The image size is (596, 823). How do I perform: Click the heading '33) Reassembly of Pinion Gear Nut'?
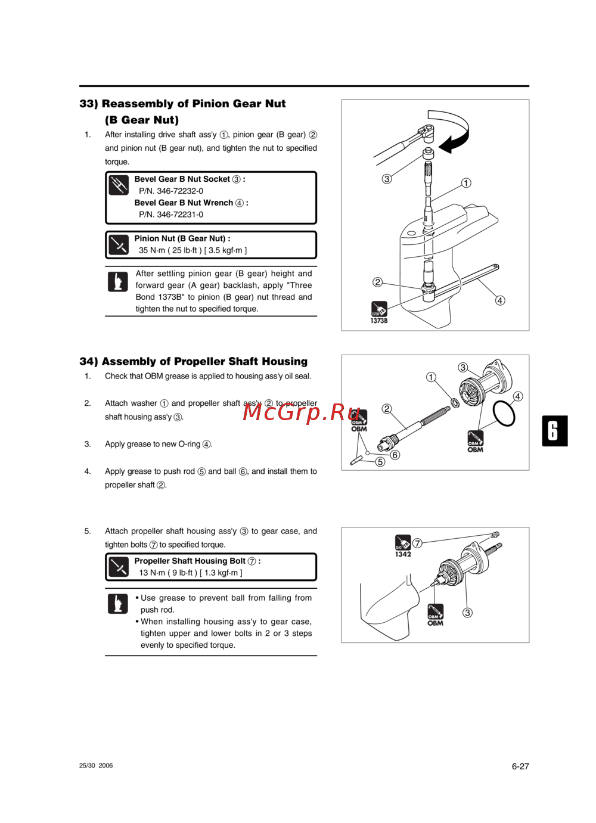(182, 104)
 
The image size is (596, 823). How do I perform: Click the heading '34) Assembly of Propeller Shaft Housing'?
(193, 362)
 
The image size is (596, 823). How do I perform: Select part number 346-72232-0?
(171, 191)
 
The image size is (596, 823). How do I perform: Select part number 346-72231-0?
(171, 215)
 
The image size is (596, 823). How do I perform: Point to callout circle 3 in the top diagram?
(387, 179)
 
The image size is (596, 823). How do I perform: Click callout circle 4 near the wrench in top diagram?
(500, 300)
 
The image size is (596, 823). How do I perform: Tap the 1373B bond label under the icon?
(379, 321)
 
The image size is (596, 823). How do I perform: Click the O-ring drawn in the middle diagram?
(504, 413)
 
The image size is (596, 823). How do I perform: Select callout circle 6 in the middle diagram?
(395, 455)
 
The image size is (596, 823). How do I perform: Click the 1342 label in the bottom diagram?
(403, 554)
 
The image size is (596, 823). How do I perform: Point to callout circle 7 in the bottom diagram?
(417, 543)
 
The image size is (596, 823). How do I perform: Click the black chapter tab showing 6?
(554, 431)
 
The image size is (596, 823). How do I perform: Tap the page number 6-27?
(520, 766)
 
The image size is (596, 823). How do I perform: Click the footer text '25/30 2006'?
(96, 766)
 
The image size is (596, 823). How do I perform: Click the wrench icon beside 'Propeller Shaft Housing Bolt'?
(119, 567)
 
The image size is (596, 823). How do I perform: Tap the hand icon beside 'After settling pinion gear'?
(118, 281)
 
